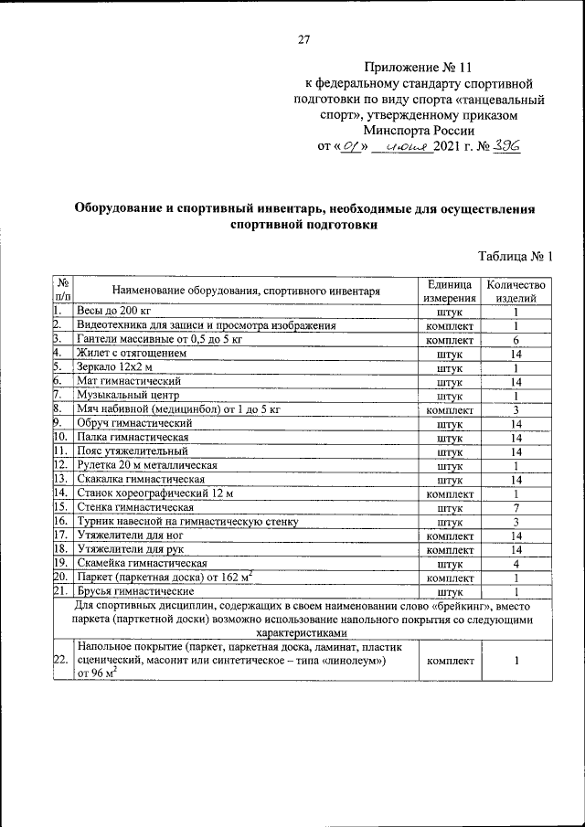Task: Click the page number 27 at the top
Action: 304,39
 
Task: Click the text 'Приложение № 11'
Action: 420,69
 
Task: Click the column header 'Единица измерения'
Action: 450,292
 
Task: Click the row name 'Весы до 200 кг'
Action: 112,312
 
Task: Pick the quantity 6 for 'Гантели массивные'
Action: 516,339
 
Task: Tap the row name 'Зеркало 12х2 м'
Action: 116,367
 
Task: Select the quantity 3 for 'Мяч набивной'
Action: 516,410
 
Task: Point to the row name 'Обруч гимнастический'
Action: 134,424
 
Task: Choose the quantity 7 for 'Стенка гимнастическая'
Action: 516,508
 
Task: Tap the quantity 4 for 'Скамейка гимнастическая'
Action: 516,564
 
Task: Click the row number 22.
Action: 61,661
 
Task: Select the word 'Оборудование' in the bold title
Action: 124,209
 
